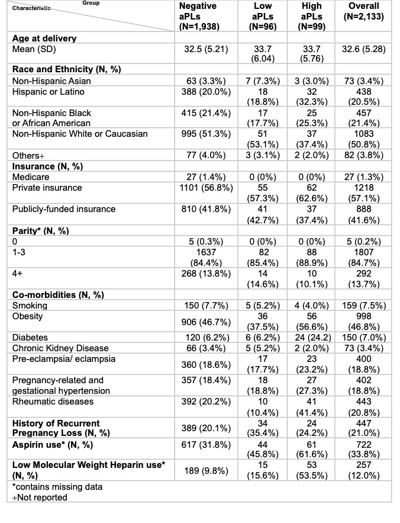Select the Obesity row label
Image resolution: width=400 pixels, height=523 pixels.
[29, 316]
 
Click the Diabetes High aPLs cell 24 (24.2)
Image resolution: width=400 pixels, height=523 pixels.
[312, 338]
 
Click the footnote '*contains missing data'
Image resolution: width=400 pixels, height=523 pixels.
[57, 487]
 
